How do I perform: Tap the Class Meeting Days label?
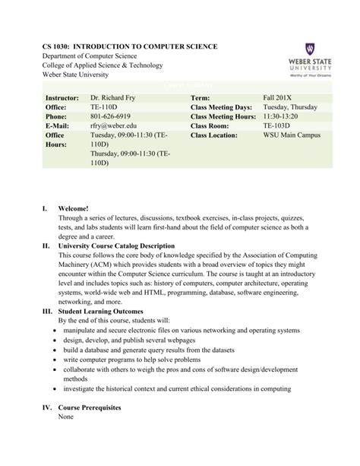pyautogui.click(x=220, y=108)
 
